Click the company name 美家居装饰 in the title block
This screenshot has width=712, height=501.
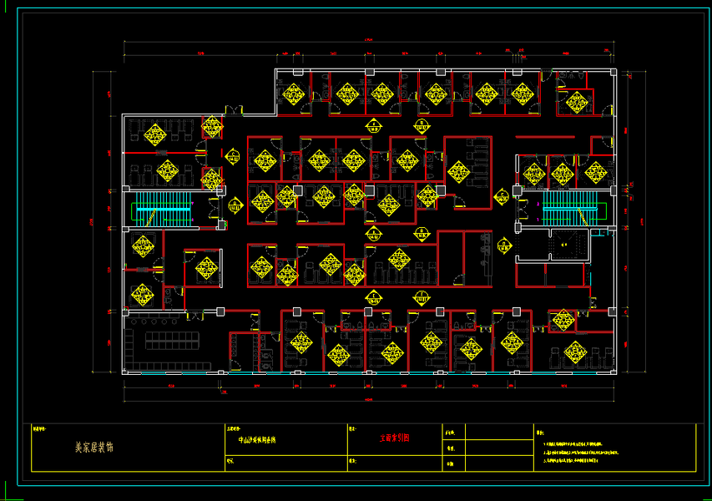click(93, 448)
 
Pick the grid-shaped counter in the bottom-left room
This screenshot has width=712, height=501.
click(171, 340)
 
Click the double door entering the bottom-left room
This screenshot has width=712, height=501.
click(196, 316)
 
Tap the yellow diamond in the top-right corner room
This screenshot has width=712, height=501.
click(575, 103)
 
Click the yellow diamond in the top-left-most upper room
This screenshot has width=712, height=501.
click(294, 94)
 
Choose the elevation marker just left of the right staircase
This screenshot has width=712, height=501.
click(503, 195)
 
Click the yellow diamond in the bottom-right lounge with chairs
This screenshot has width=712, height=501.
click(574, 352)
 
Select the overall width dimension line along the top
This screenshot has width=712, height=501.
click(368, 43)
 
